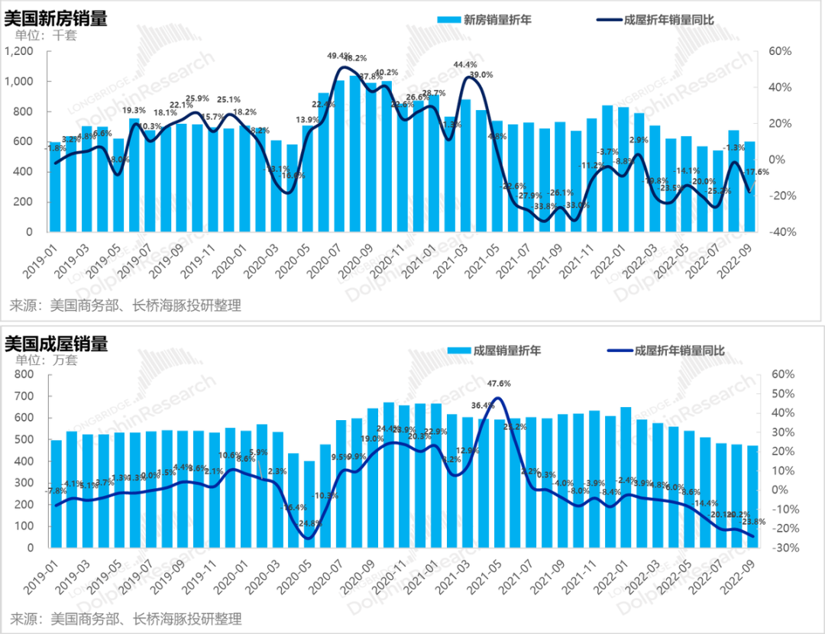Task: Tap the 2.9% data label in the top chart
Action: [x=639, y=140]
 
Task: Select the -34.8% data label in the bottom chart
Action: [x=309, y=523]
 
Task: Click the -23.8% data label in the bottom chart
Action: [x=755, y=522]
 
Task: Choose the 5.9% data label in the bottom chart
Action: [x=259, y=452]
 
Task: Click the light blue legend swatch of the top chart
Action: [x=448, y=20]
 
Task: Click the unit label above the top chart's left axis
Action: [x=34, y=35]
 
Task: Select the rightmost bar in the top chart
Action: [x=750, y=185]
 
